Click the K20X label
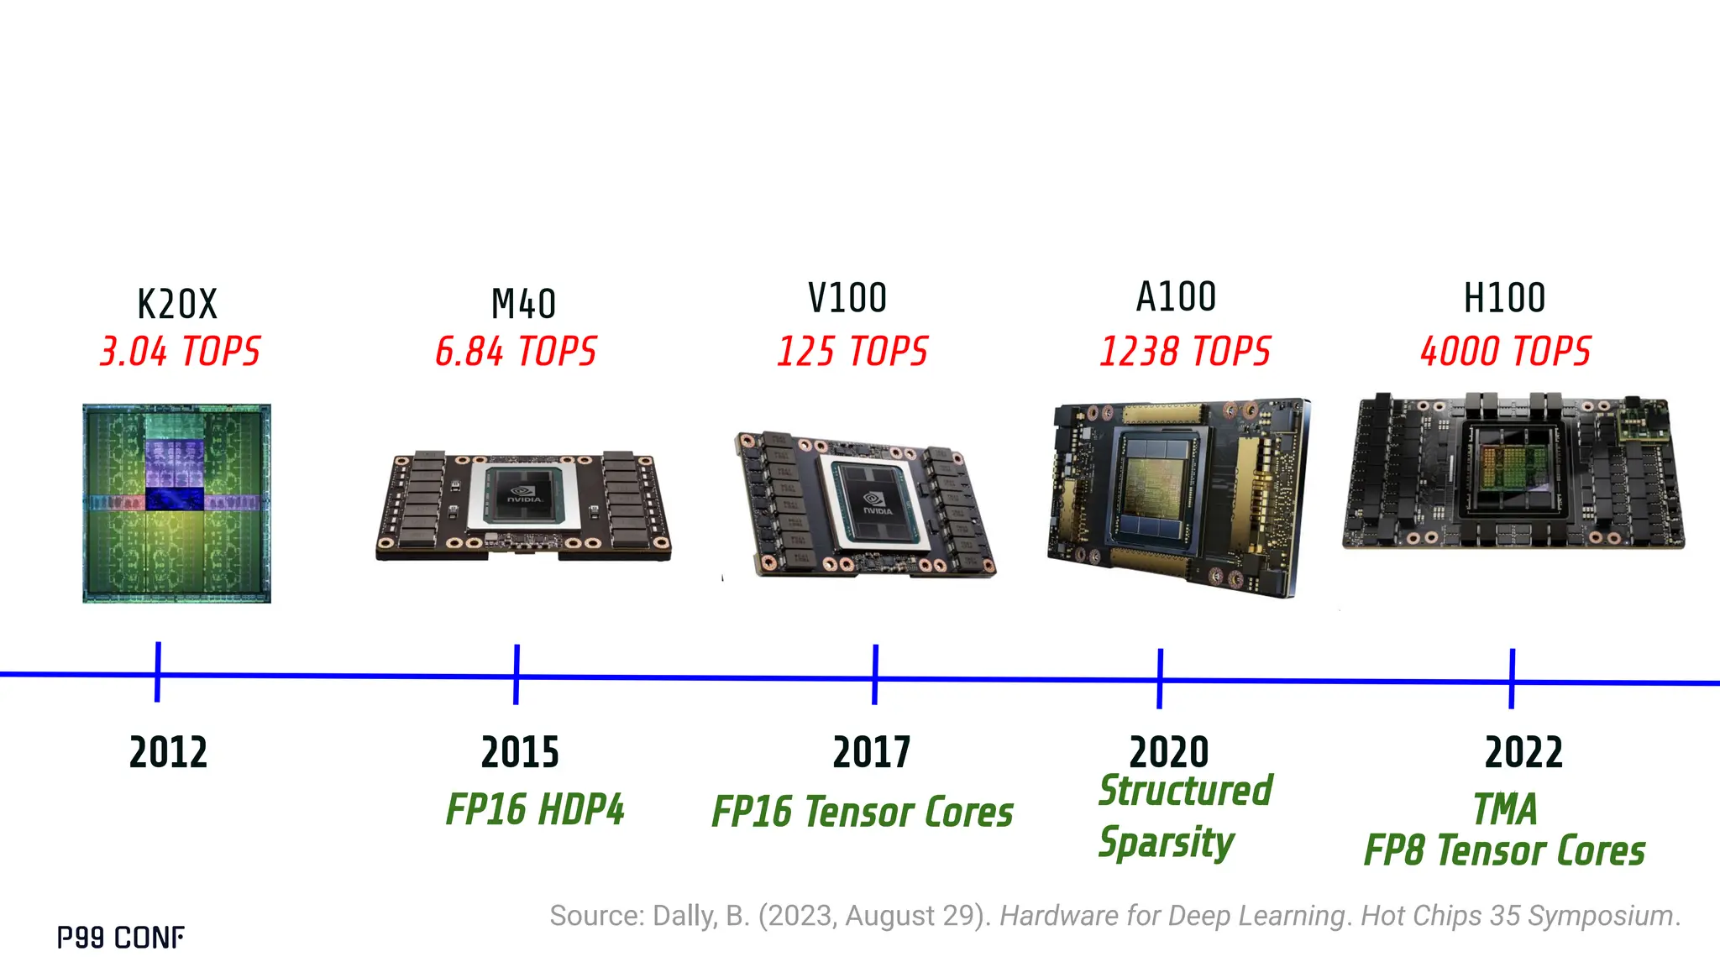pos(177,304)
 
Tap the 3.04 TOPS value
pos(180,352)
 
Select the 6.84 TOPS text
pos(516,352)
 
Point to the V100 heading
pos(847,298)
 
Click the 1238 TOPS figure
pos(1185,352)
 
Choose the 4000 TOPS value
pos(1505,352)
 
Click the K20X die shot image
pos(176,503)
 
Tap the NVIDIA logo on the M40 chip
pos(525,495)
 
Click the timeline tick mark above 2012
pos(158,672)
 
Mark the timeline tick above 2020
pos(1160,678)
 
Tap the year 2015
pos(520,752)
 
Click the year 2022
pos(1523,752)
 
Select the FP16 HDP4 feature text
pos(535,810)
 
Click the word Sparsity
pos(1166,842)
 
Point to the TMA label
pos(1505,810)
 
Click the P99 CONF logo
pos(121,938)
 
